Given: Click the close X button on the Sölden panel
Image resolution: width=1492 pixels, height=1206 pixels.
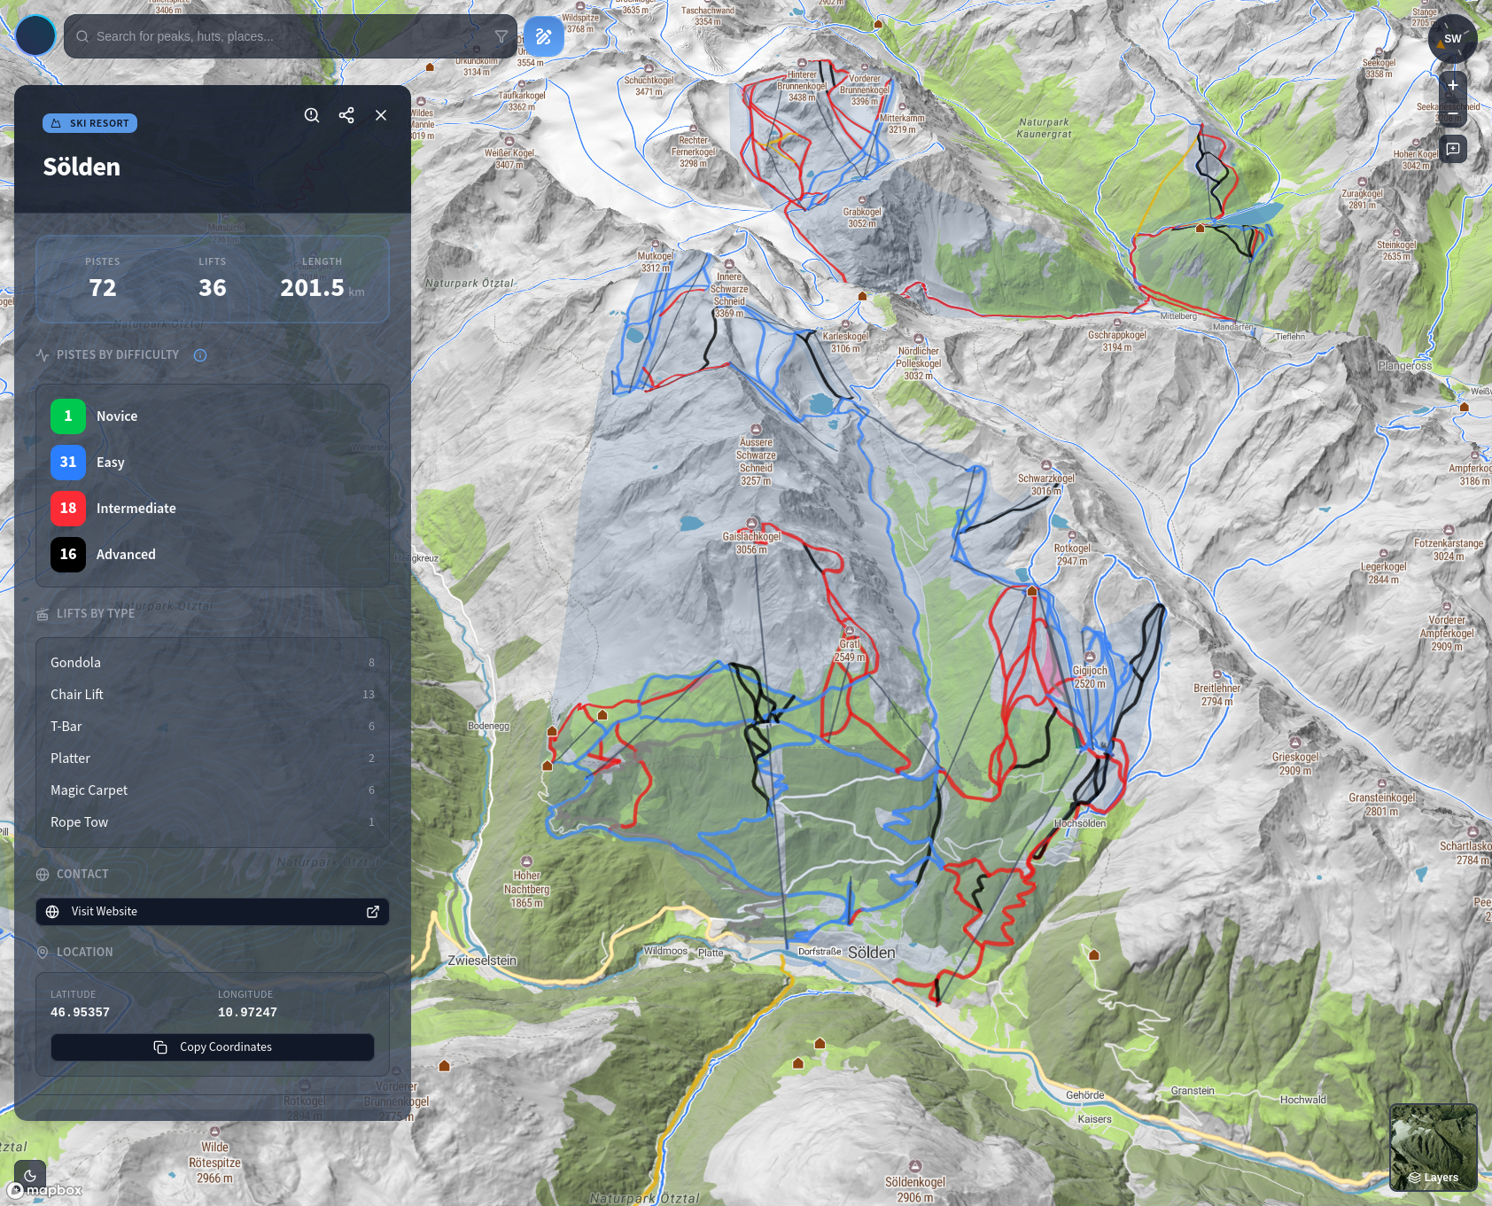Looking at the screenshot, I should pyautogui.click(x=381, y=115).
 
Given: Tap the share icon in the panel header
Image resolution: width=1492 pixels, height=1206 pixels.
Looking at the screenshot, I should pyautogui.click(x=346, y=115).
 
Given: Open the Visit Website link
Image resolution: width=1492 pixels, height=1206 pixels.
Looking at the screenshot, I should pyautogui.click(x=213, y=912).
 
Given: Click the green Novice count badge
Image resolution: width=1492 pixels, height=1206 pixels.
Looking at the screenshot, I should pyautogui.click(x=68, y=416).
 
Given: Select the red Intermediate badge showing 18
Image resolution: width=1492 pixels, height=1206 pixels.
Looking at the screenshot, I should pyautogui.click(x=68, y=509).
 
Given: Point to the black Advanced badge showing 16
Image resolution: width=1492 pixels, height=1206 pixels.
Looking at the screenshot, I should pyautogui.click(x=68, y=555).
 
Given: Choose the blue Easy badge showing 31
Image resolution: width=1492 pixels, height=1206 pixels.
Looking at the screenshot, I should pyautogui.click(x=68, y=463).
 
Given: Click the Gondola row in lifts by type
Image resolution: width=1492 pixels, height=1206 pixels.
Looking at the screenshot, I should pyautogui.click(x=213, y=663).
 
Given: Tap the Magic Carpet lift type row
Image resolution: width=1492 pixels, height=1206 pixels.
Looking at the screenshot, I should pyautogui.click(x=213, y=790).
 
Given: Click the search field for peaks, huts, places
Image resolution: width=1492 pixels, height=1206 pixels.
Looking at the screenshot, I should pyautogui.click(x=284, y=36).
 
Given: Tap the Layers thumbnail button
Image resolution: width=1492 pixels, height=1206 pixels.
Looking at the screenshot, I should pyautogui.click(x=1433, y=1147).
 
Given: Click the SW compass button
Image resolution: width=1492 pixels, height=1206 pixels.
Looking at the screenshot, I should pyautogui.click(x=1452, y=39).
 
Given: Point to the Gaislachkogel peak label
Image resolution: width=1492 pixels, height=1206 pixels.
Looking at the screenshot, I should pyautogui.click(x=751, y=537).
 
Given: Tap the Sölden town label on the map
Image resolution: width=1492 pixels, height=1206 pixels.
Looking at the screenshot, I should pyautogui.click(x=871, y=953).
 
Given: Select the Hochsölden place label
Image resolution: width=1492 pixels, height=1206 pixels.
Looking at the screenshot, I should pyautogui.click(x=1079, y=823).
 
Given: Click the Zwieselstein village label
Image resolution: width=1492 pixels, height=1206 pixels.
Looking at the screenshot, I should pyautogui.click(x=482, y=961).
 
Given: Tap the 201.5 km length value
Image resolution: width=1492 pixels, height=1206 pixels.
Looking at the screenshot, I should pyautogui.click(x=313, y=288).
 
